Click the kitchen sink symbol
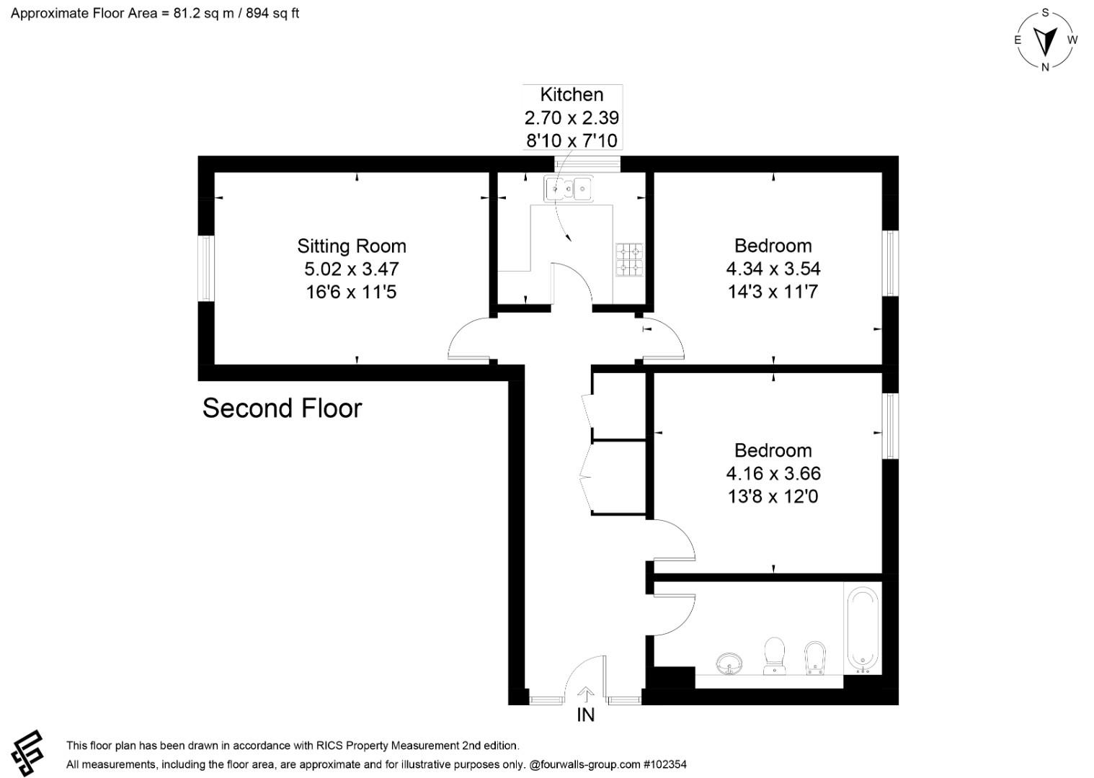click(569, 189)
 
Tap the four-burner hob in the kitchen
click(629, 259)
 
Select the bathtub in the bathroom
click(863, 631)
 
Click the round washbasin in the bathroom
click(729, 664)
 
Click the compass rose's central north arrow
click(1045, 40)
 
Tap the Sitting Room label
click(352, 246)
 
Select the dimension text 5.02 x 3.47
click(352, 269)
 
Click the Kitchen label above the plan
click(572, 94)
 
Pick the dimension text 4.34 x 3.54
click(773, 269)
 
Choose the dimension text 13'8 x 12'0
click(773, 496)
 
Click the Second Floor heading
click(283, 408)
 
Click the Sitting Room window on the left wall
click(207, 268)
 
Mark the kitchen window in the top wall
click(587, 164)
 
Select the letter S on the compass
click(1045, 13)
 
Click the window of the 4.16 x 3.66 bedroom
click(891, 426)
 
